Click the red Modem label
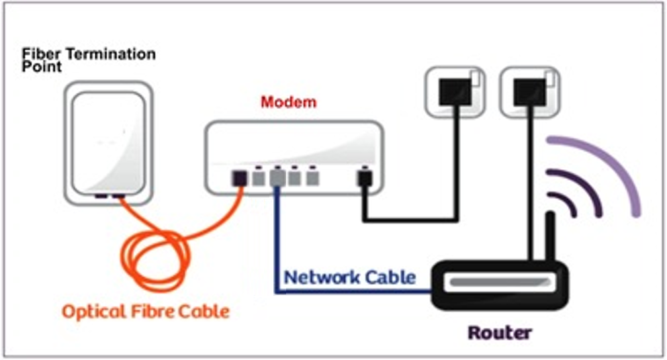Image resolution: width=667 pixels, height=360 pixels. [x=288, y=103]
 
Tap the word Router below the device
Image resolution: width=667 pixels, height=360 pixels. [x=500, y=332]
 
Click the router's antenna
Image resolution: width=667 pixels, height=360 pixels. [x=551, y=236]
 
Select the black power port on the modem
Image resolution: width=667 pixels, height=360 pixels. [x=363, y=178]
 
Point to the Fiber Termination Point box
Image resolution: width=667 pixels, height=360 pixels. [x=108, y=144]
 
